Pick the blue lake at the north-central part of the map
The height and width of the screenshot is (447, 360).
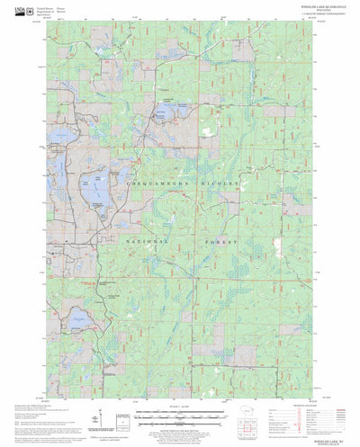click(x=167, y=115)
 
